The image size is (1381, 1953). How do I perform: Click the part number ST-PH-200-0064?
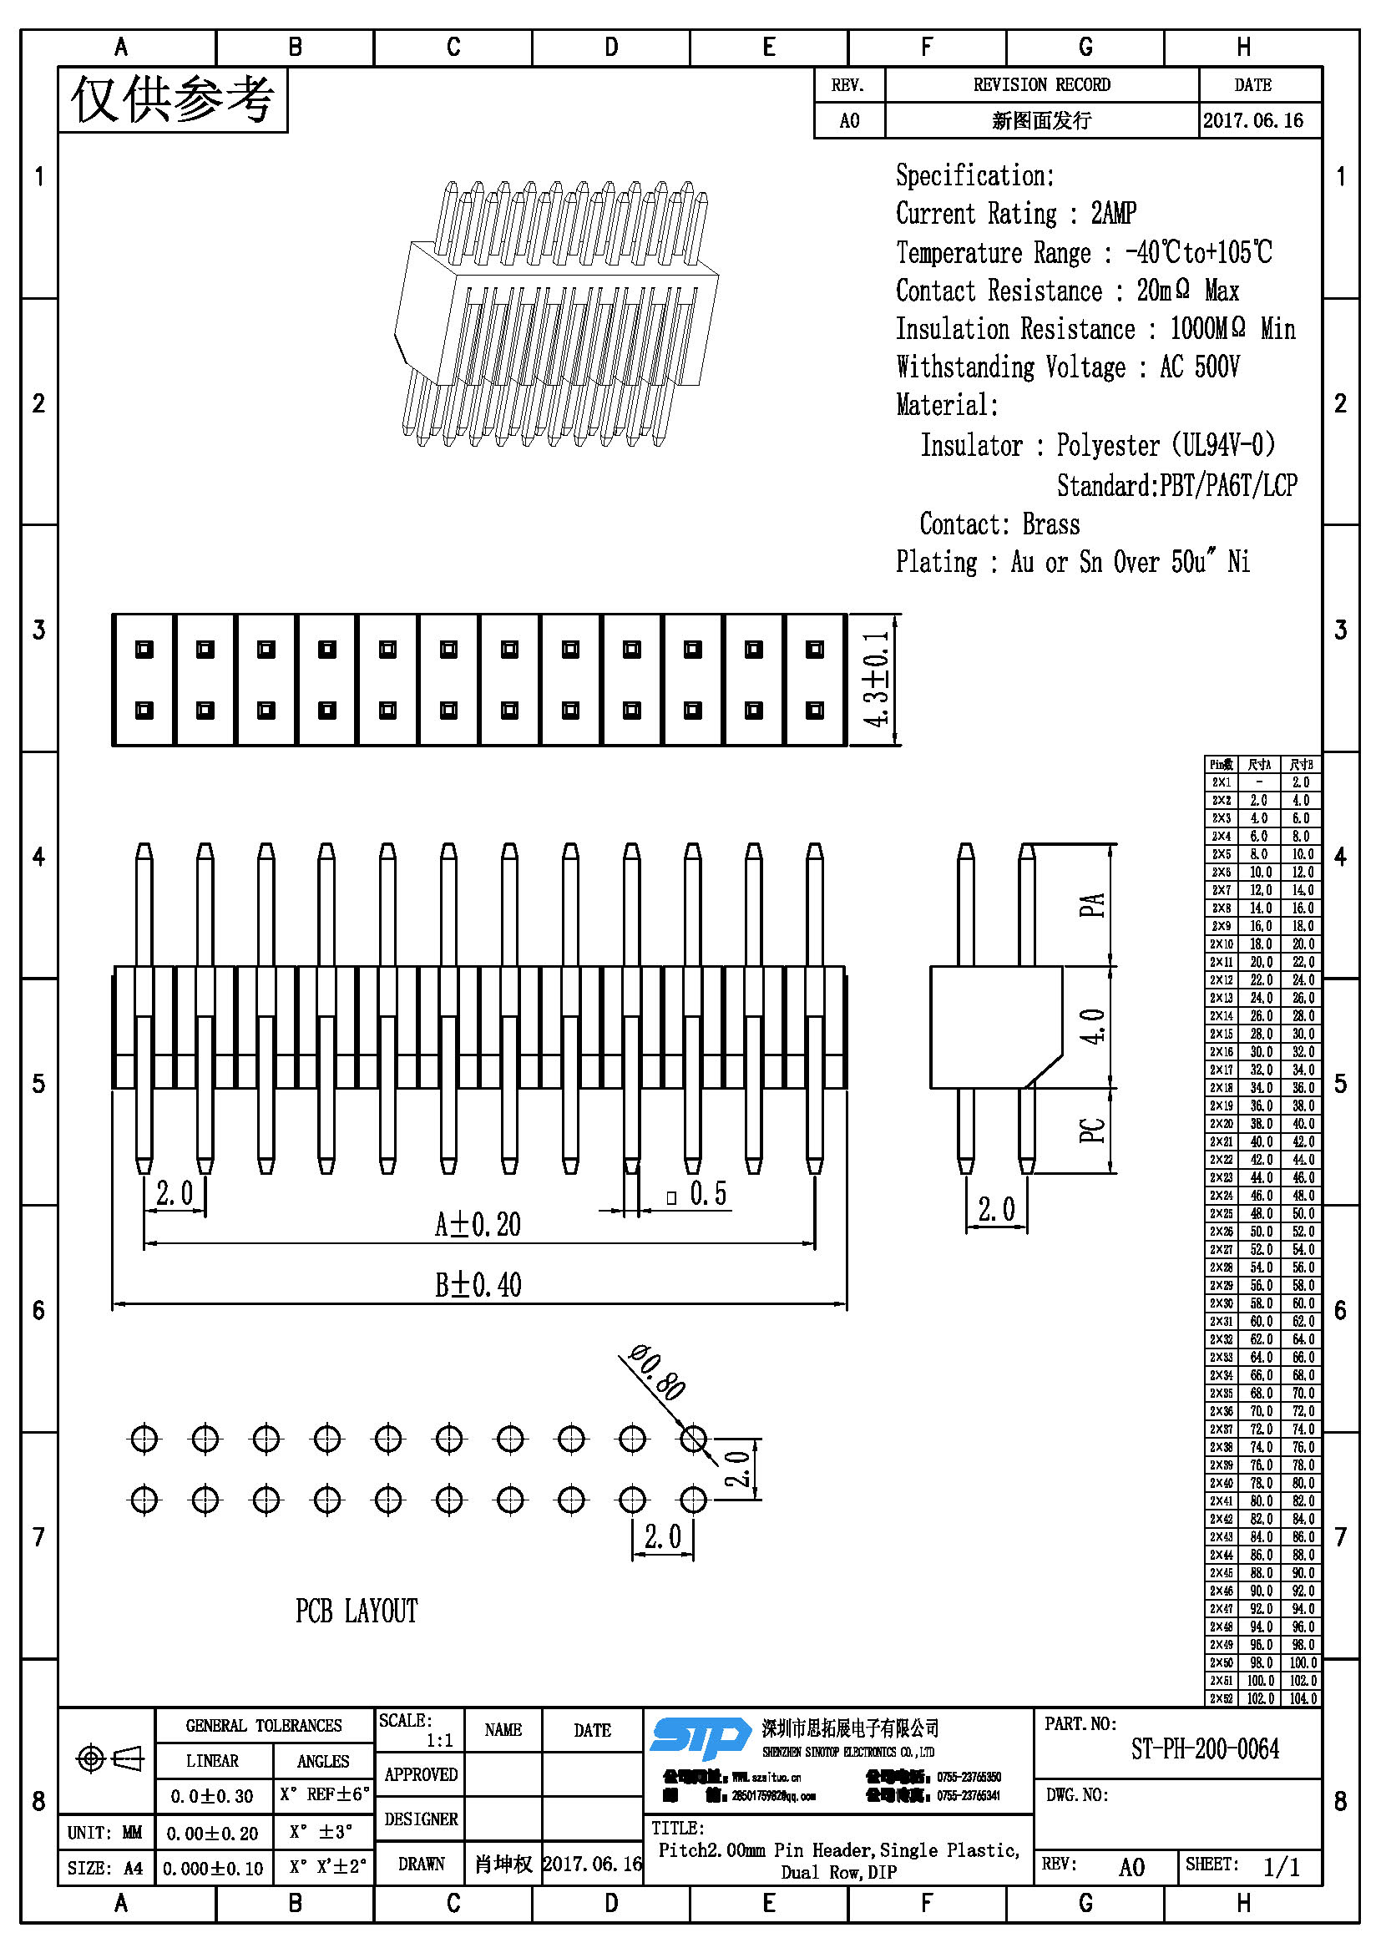point(1204,1749)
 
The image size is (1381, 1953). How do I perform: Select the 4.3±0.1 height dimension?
point(877,679)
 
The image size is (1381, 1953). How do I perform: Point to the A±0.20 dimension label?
point(477,1224)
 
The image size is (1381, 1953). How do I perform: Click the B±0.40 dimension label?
point(478,1284)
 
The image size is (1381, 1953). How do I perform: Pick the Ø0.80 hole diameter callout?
point(657,1371)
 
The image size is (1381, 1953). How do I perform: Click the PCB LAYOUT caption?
point(357,1610)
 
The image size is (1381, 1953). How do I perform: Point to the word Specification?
point(974,175)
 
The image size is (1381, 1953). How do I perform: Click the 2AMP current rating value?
point(1113,213)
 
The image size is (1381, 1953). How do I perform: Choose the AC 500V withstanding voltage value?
point(1199,367)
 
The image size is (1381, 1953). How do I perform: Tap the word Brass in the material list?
point(1051,524)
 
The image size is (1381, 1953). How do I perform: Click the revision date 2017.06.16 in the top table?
point(1252,120)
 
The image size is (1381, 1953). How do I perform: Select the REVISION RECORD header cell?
point(1042,84)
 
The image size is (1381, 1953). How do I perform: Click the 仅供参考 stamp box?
point(173,99)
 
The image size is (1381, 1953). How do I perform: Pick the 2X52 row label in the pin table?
point(1222,1697)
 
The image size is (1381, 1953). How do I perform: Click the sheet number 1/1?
point(1282,1866)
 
